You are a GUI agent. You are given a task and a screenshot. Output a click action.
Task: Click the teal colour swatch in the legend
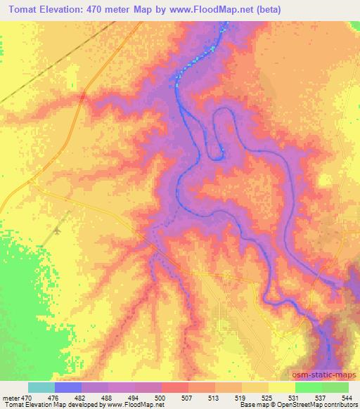41,387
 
